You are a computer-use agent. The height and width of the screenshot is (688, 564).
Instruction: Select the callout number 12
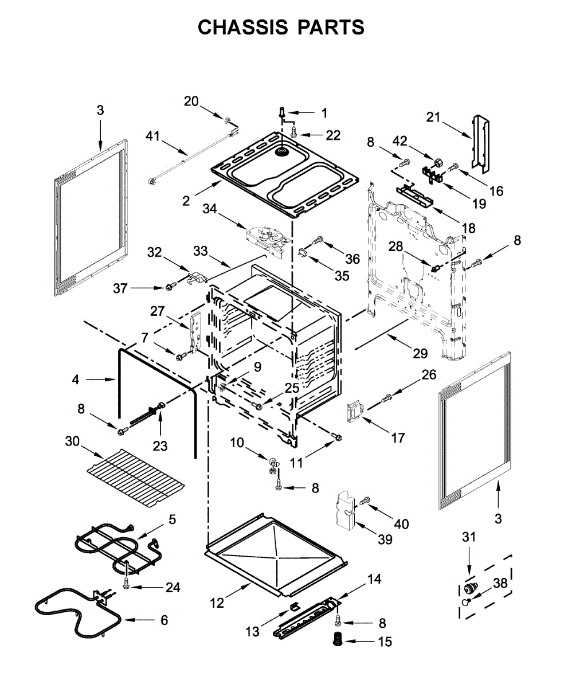tap(216, 603)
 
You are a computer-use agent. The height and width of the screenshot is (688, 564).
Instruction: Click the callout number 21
tap(434, 118)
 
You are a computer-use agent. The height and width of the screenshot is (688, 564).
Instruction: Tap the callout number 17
tap(397, 438)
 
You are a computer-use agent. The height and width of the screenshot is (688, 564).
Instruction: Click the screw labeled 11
tap(337, 438)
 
